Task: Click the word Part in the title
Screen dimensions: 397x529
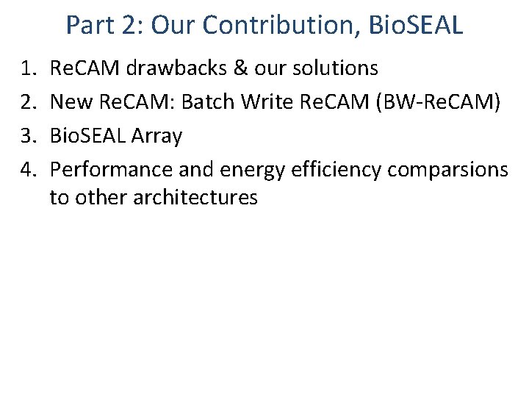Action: pyautogui.click(x=87, y=25)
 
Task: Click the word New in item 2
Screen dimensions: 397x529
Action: pyautogui.click(x=71, y=101)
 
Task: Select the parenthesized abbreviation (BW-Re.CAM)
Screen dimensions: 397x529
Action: pyautogui.click(x=438, y=101)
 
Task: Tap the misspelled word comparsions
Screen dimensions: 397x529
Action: pyautogui.click(x=447, y=170)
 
